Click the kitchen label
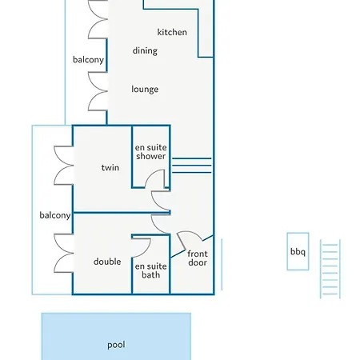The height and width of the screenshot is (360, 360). pyautogui.click(x=172, y=32)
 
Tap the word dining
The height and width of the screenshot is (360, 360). pyautogui.click(x=145, y=50)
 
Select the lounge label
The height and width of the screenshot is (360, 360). pyautogui.click(x=145, y=89)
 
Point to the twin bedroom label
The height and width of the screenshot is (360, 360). pyautogui.click(x=110, y=167)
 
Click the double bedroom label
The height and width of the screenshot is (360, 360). pyautogui.click(x=107, y=262)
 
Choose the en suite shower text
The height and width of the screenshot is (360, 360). pyautogui.click(x=151, y=152)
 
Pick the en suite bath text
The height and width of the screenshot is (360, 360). pyautogui.click(x=151, y=270)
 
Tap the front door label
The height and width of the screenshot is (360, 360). pyautogui.click(x=198, y=258)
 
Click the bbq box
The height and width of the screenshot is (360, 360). pyautogui.click(x=298, y=251)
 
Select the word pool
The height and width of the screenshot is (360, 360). pyautogui.click(x=116, y=345)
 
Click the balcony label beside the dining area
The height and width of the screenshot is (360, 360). pyautogui.click(x=88, y=60)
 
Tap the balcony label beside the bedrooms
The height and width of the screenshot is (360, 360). pyautogui.click(x=55, y=215)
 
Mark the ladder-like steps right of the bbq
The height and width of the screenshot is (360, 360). pyautogui.click(x=330, y=269)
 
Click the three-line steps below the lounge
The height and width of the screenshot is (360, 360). pyautogui.click(x=192, y=166)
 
